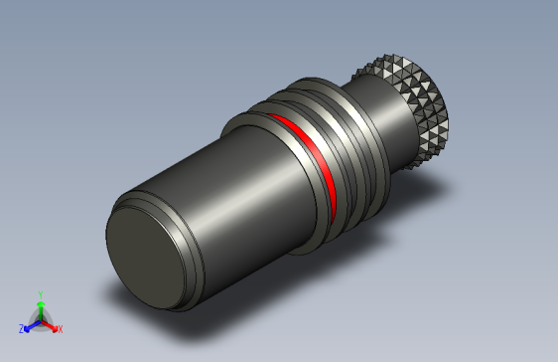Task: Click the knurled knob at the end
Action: (418, 109)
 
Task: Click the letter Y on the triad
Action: (40, 294)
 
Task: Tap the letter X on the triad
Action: (60, 328)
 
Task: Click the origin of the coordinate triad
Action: (40, 320)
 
